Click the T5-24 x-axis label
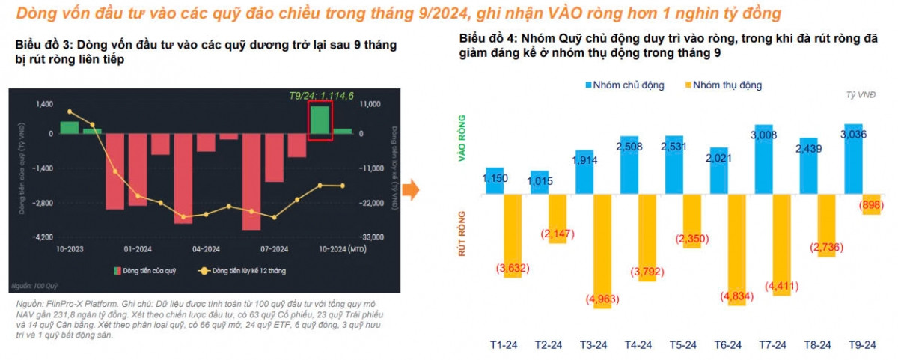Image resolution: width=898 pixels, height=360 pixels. tap(684, 344)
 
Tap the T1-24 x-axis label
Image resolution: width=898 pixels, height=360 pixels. tap(504, 344)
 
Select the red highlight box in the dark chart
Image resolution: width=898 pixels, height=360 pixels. tap(320, 120)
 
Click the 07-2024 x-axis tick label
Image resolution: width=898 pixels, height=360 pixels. tap(275, 249)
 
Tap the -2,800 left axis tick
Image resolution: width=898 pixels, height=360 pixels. tap(41, 203)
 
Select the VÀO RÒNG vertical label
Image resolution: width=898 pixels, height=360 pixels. tap(462, 139)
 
